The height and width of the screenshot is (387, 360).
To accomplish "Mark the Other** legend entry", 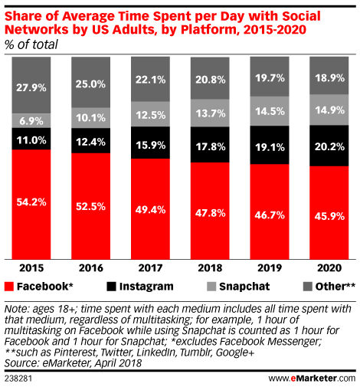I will (322, 287).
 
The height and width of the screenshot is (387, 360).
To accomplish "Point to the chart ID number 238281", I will (21, 378).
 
